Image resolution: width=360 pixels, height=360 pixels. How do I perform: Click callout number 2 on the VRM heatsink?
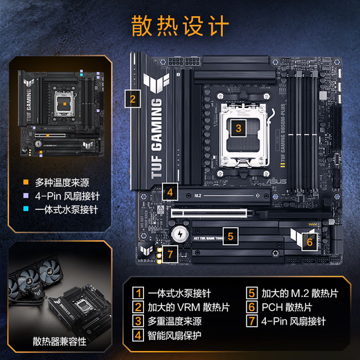[x=132, y=98]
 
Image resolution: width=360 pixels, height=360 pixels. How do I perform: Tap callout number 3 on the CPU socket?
[x=237, y=127]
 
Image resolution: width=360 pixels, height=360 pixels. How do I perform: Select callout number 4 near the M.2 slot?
[x=170, y=191]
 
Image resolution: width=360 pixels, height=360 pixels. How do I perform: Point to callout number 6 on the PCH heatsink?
[x=309, y=242]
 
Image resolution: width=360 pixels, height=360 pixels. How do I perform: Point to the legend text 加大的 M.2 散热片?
[x=298, y=292]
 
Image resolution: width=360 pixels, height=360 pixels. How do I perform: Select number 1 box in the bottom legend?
[x=138, y=292]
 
